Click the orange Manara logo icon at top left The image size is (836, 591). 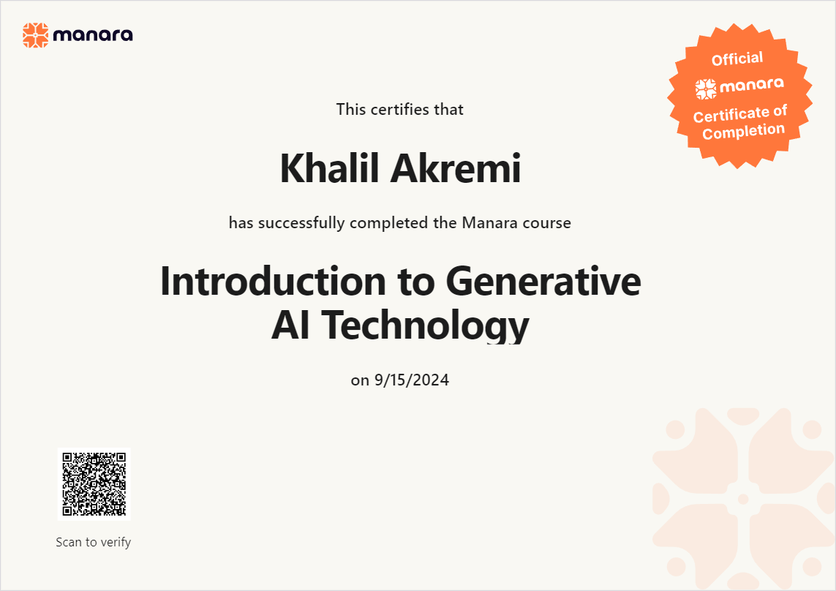point(35,35)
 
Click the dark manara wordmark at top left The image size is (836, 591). point(93,35)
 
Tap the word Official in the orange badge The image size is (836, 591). point(737,59)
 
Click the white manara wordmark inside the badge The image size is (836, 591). point(752,86)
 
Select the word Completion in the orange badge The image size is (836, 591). point(744,131)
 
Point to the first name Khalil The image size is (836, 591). point(331,168)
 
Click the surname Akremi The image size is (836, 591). point(456,168)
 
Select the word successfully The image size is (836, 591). point(301,223)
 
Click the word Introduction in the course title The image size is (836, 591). point(273,281)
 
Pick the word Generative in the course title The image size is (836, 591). point(543,281)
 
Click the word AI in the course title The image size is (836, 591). point(290,325)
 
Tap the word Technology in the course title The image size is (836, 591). point(425,326)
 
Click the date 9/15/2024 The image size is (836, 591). point(412,380)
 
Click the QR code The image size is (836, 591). point(94,483)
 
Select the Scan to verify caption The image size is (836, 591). point(94,543)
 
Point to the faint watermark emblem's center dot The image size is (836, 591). point(743,500)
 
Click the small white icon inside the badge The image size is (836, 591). point(705,89)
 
